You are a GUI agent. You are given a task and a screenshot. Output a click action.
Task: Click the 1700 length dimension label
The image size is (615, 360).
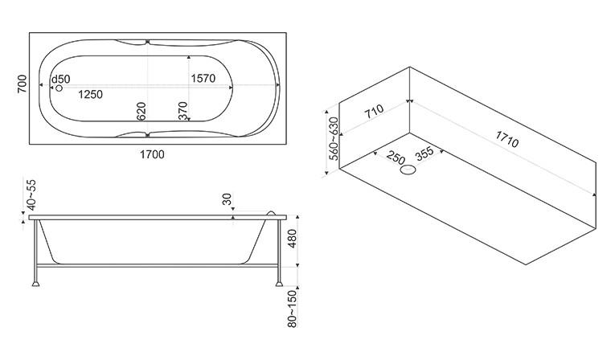152,155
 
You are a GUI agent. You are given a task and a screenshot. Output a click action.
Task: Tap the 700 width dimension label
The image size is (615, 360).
22,84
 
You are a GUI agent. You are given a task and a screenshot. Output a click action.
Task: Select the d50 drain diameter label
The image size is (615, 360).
61,80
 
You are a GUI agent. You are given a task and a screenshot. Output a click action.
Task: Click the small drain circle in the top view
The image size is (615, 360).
59,88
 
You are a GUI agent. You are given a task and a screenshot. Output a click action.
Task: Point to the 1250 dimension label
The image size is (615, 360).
90,95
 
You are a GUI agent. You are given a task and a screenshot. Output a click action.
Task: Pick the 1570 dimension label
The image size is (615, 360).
203,79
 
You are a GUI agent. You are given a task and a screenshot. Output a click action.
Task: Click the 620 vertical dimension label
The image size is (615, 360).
141,112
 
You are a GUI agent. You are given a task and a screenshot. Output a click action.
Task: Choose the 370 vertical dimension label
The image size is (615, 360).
182,111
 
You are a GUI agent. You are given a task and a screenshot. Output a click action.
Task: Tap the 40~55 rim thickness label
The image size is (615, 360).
31,195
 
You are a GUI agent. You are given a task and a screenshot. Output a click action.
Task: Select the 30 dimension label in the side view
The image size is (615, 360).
227,199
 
